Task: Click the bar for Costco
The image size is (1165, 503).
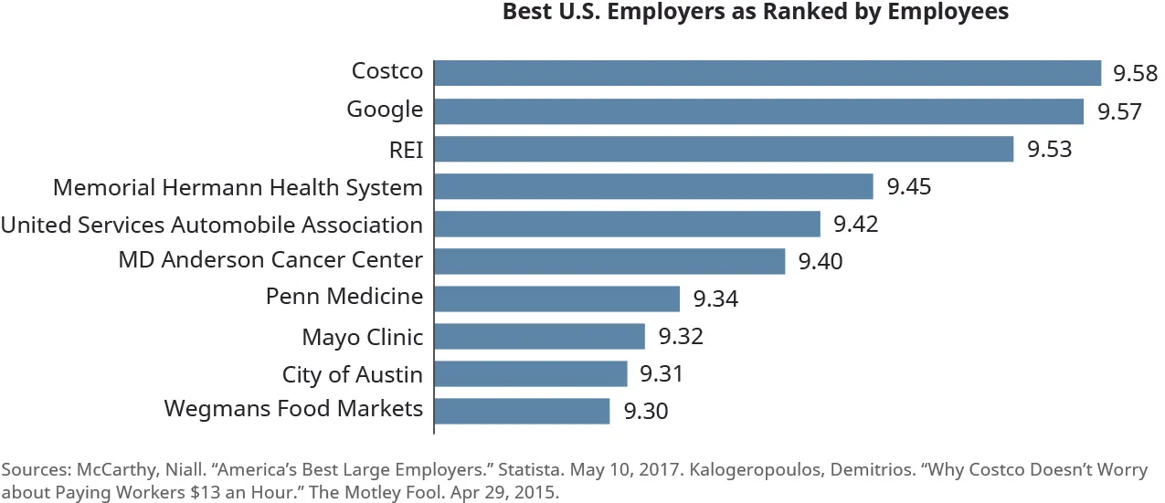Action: (x=768, y=73)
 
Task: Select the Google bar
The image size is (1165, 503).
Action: (x=758, y=111)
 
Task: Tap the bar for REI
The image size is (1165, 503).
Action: (x=724, y=149)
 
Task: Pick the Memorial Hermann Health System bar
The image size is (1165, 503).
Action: (x=653, y=186)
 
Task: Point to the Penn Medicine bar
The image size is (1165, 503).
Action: (x=556, y=299)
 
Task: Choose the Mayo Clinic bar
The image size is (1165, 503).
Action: (x=539, y=336)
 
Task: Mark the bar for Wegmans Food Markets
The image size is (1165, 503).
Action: (x=522, y=411)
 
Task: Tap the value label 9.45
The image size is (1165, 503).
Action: (x=910, y=187)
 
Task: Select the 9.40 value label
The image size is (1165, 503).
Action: (x=821, y=263)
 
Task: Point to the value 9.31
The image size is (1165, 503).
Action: (x=662, y=374)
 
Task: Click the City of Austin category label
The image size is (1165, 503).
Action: (x=352, y=374)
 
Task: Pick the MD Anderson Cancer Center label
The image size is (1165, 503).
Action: (x=270, y=260)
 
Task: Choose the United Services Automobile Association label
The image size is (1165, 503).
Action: (x=211, y=225)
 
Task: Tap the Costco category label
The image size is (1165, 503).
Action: (x=387, y=71)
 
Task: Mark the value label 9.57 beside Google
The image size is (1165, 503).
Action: (x=1119, y=112)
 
